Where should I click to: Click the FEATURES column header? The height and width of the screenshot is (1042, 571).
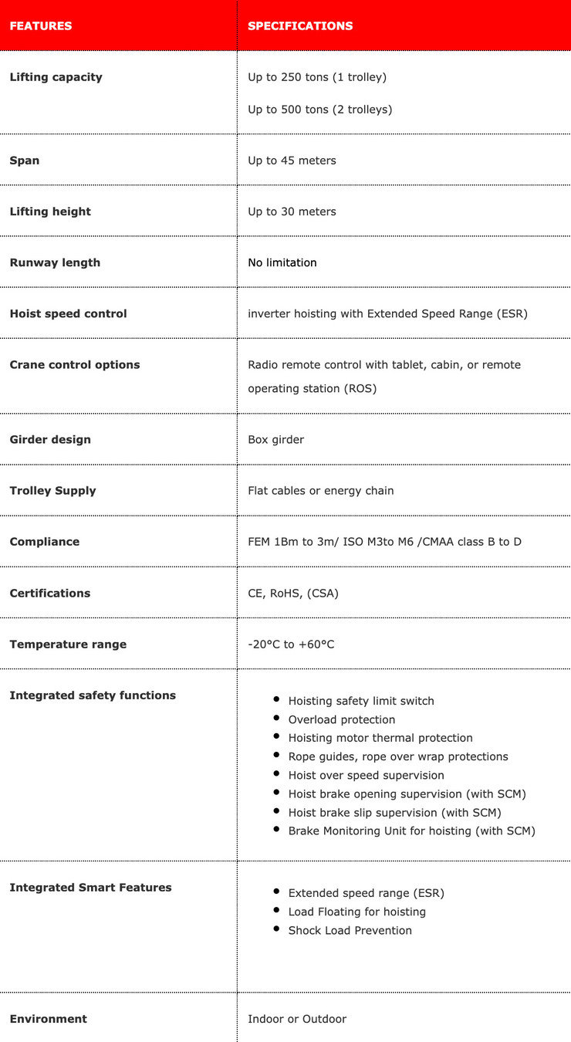[41, 26]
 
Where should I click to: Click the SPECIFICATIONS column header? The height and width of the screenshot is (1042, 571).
[300, 26]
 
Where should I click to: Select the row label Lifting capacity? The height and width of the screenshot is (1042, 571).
[56, 77]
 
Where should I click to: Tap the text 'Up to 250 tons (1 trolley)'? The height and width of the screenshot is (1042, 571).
[317, 77]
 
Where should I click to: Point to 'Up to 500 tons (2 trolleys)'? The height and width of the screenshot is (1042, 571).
[319, 110]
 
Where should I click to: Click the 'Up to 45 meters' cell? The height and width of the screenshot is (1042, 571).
[292, 161]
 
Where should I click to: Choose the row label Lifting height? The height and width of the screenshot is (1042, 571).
[50, 211]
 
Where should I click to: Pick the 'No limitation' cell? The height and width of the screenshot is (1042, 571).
[282, 262]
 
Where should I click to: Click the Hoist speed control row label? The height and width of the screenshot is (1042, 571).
[68, 313]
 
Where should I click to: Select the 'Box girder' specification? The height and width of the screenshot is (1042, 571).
[275, 440]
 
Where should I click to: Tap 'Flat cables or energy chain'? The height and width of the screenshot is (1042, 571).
[320, 491]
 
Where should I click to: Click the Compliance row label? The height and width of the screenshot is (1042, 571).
[44, 542]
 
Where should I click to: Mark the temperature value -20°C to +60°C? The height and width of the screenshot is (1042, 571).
[291, 644]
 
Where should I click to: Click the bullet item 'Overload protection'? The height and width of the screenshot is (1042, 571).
[341, 719]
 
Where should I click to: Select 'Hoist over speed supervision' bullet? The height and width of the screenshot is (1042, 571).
[366, 775]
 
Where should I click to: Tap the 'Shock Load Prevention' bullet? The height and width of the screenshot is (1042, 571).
[350, 930]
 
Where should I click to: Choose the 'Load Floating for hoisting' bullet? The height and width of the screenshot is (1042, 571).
[356, 912]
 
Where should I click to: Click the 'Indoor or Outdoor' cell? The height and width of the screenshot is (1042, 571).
[297, 1019]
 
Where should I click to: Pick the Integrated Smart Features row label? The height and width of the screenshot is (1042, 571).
[90, 888]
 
